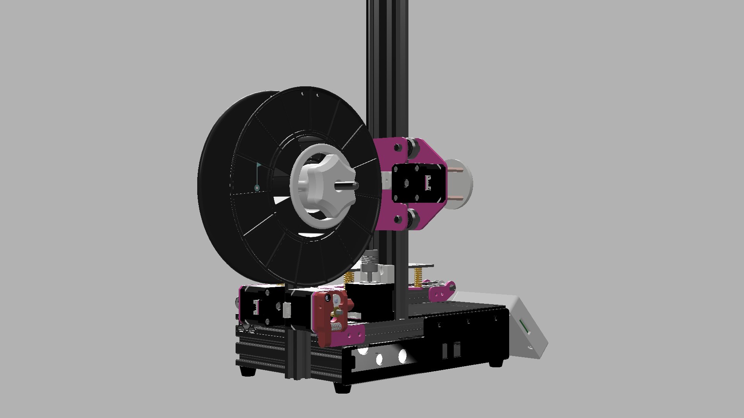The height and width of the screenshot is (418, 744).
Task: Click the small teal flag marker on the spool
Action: click(258, 165)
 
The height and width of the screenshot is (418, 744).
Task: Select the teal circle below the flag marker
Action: click(257, 188)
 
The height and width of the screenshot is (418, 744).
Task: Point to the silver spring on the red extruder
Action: click(336, 327)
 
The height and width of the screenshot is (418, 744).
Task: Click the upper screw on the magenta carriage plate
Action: click(397, 147)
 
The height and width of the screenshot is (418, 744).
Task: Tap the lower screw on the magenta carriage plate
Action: click(398, 219)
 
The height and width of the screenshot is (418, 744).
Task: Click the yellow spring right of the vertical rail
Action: click(418, 277)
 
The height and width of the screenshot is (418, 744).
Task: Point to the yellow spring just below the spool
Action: click(349, 277)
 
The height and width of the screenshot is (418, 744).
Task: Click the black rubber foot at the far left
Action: click(248, 370)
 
